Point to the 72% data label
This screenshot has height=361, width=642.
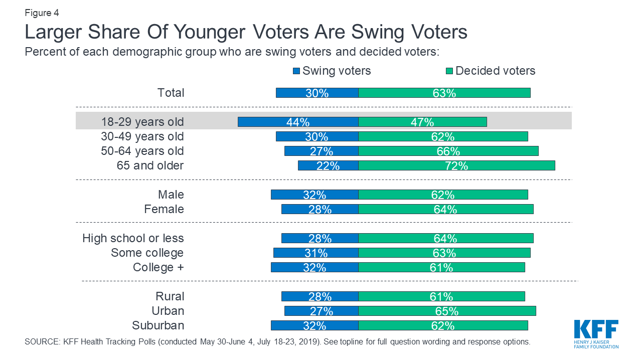click(456, 166)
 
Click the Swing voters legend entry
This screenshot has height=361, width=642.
click(332, 71)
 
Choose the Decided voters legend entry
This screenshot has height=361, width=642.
click(491, 71)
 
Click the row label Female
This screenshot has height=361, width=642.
click(164, 209)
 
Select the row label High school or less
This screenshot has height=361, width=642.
click(133, 238)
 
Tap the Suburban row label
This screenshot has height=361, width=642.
click(158, 325)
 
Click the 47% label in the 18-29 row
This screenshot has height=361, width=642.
click(422, 122)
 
